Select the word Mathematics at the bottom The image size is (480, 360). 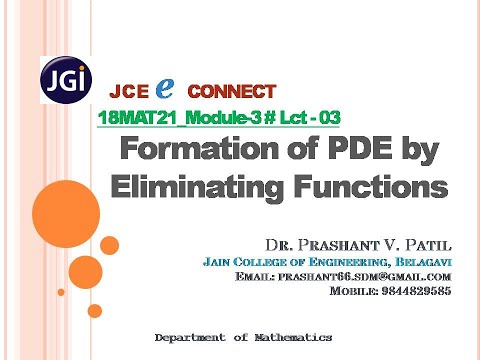[x=291, y=337]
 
